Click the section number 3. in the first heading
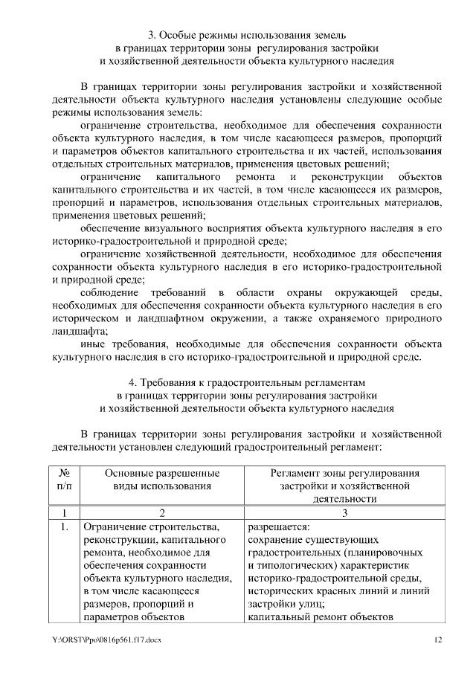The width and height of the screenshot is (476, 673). coord(152,35)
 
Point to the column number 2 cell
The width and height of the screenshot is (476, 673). coord(161,512)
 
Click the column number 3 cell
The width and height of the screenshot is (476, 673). coord(344,512)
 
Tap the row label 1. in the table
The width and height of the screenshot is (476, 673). coord(64,527)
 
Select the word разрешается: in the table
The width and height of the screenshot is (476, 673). coord(275,527)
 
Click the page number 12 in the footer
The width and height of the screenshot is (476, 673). coord(439,639)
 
